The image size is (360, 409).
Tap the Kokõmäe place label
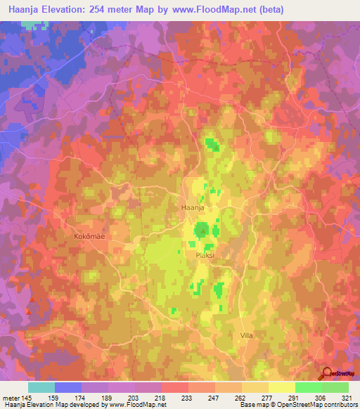[89, 237]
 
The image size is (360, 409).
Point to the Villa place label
[246, 336]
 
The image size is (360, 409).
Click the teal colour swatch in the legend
[41, 387]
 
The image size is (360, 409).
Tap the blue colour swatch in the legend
[68, 387]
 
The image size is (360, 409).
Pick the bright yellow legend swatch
[282, 387]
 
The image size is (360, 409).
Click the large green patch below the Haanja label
[202, 230]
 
